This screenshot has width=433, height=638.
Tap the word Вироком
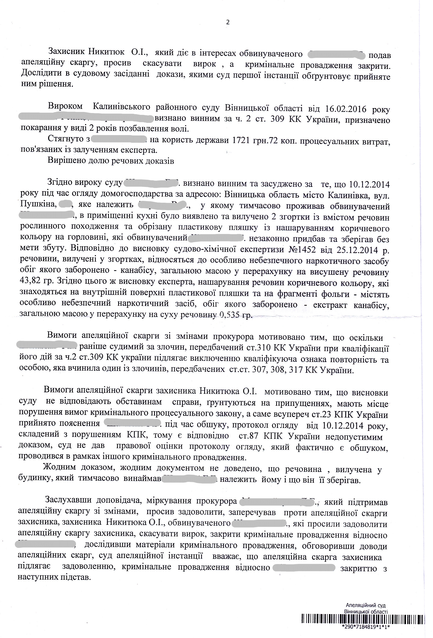coord(65,106)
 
